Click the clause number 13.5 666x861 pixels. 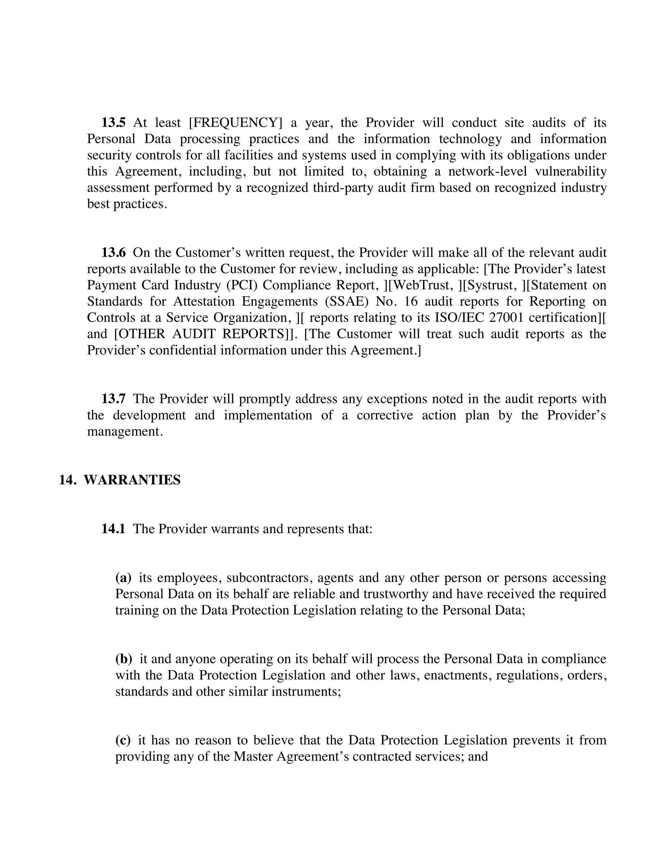click(113, 122)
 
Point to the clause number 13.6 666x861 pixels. click(113, 252)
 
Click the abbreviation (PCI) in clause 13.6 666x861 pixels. click(242, 285)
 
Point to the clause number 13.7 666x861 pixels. click(113, 399)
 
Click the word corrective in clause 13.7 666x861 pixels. click(385, 415)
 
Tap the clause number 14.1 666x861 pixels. click(113, 529)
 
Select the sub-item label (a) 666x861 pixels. click(123, 578)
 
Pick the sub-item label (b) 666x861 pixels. click(124, 659)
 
